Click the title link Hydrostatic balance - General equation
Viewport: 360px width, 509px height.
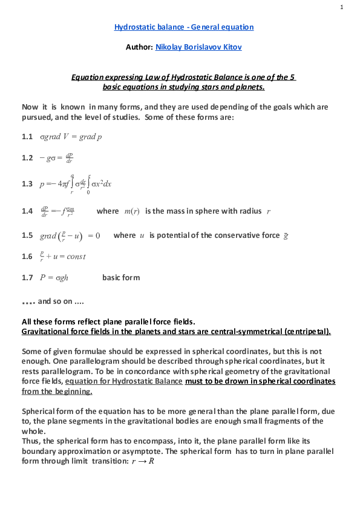tap(184, 27)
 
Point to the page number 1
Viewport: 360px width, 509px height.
tap(342, 7)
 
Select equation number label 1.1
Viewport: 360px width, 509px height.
tap(27, 137)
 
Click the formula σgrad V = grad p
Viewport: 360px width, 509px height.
tap(71, 137)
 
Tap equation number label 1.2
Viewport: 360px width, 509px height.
tap(27, 158)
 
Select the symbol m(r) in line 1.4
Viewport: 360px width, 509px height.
tap(131, 211)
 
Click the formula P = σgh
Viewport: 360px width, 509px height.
tap(59, 278)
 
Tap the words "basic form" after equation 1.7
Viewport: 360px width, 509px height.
tap(121, 278)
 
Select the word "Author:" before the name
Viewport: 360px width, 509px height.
tap(139, 47)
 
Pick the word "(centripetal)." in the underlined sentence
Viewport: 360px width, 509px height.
tap(309, 332)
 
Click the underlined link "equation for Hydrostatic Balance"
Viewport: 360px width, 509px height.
tap(123, 381)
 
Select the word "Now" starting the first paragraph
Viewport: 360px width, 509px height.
tap(30, 107)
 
